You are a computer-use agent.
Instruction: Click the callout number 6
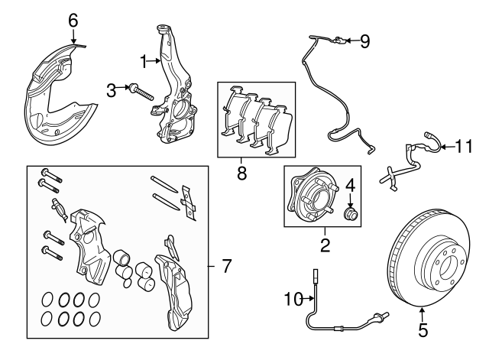(x=73, y=21)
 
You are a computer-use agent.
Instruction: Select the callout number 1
(x=142, y=59)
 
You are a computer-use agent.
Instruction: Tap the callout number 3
(x=112, y=91)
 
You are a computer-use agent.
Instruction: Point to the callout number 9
(x=364, y=41)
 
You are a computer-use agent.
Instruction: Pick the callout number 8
(x=242, y=174)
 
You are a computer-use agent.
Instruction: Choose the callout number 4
(x=351, y=185)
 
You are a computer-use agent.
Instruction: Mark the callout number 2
(x=325, y=245)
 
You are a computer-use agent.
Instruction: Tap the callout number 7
(x=225, y=267)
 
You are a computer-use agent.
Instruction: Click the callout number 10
(x=291, y=300)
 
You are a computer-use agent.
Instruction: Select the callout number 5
(x=423, y=331)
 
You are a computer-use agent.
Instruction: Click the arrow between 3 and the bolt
(x=125, y=91)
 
